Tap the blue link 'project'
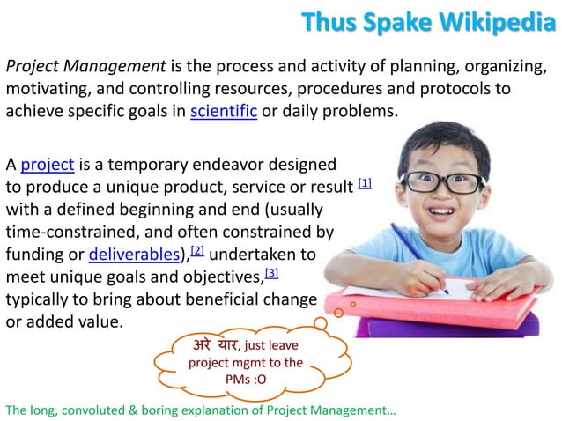click(48, 164)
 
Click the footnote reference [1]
click(366, 183)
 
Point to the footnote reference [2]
click(197, 252)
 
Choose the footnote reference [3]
click(271, 274)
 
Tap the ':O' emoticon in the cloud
click(255, 380)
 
